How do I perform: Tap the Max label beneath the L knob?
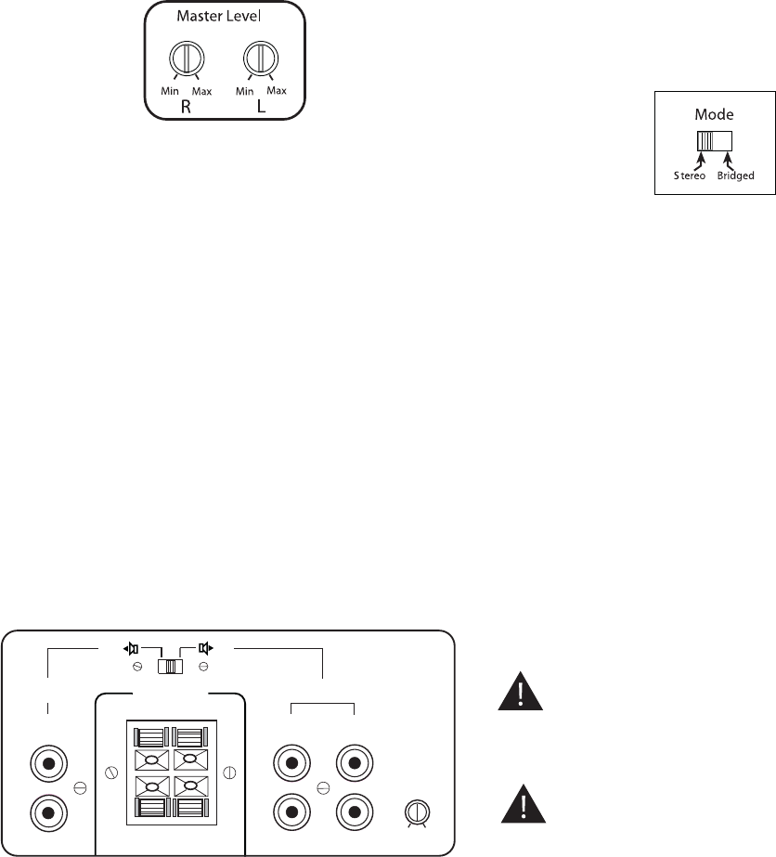276,90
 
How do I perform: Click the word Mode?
715,115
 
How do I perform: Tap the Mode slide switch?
715,140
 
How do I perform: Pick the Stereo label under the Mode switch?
691,174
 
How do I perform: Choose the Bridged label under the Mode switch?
736,174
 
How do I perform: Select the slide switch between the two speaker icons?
170,667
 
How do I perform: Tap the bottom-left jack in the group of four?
293,812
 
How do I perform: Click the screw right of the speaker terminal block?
229,771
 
